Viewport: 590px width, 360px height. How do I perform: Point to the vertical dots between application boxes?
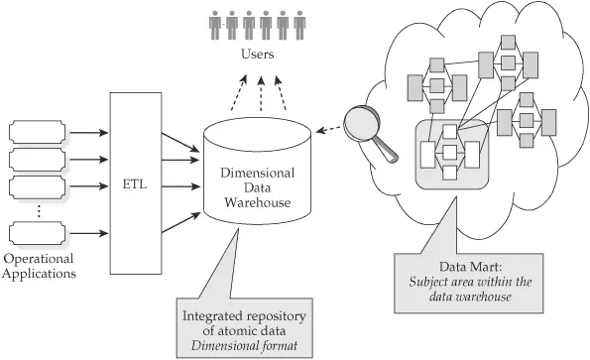(38, 210)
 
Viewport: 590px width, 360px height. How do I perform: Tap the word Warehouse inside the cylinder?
(256, 203)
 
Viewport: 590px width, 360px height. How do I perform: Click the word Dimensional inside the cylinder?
(256, 170)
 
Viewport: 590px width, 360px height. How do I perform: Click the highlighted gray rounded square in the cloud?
(450, 154)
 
